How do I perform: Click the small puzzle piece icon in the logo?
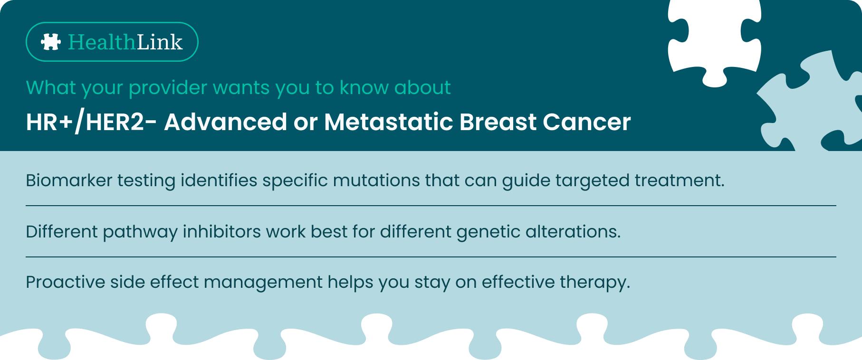click(x=51, y=42)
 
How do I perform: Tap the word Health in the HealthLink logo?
click(x=102, y=42)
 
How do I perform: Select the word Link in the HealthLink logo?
click(x=160, y=42)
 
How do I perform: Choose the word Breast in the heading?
click(x=498, y=122)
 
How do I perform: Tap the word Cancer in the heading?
click(x=587, y=122)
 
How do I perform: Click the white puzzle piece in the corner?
click(x=715, y=40)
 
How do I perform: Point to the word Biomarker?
click(x=69, y=180)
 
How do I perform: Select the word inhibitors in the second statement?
click(x=222, y=232)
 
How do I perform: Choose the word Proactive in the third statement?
click(x=66, y=282)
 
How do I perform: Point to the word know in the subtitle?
click(x=364, y=88)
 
